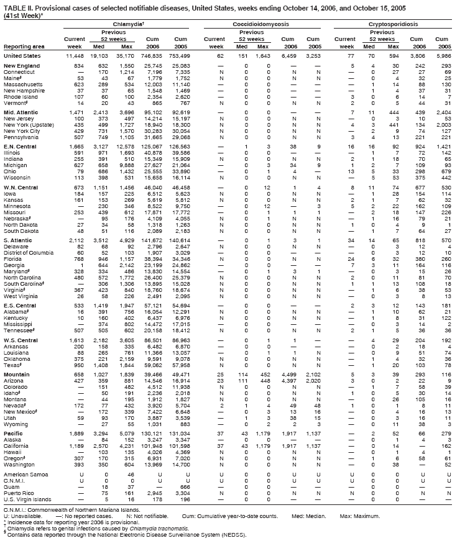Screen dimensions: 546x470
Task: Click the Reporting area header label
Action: [x=24, y=46]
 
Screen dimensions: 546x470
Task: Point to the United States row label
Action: [x=22, y=55]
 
